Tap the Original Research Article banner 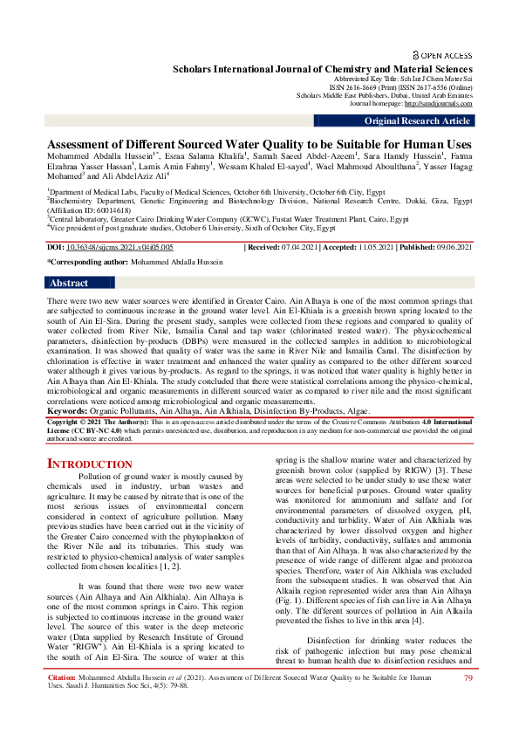coord(417,121)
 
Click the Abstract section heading coord(69,283)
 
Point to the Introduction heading coord(89,463)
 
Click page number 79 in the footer coord(468,677)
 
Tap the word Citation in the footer coord(62,677)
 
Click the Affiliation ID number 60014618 coord(101,210)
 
